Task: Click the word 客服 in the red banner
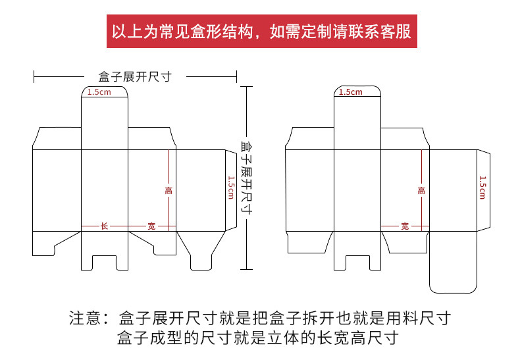click(396, 32)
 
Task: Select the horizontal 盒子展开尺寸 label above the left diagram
click(135, 77)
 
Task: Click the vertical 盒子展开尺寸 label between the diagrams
click(246, 177)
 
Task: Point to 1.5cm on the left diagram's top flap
click(99, 92)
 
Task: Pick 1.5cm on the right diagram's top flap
click(351, 92)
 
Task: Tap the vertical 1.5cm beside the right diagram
click(482, 188)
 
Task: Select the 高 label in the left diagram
click(169, 190)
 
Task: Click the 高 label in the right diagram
click(421, 190)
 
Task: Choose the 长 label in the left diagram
click(104, 226)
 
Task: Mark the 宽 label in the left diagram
click(151, 226)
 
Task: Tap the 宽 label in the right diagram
click(405, 226)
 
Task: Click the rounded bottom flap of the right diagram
click(452, 270)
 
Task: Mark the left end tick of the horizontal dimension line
click(34, 77)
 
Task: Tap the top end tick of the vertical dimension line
click(246, 86)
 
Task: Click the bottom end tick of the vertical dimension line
click(246, 269)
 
